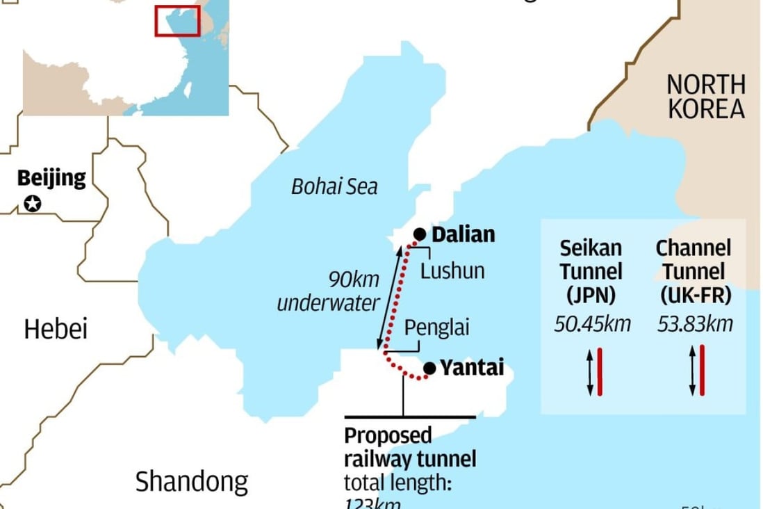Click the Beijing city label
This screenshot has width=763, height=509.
coord(51,178)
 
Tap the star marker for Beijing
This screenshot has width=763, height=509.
coord(32,204)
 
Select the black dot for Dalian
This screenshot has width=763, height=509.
coord(419,234)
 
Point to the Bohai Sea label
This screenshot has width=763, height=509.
coord(334,186)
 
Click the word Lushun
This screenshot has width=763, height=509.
coord(452,270)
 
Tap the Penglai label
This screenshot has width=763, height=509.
coord(437,327)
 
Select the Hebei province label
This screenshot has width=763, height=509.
coord(56,329)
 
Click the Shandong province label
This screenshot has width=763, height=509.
coord(191,480)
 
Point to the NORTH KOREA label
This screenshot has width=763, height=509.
coord(705,97)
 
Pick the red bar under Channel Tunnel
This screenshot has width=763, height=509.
coord(703,370)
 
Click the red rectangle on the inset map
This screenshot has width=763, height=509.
coord(171,20)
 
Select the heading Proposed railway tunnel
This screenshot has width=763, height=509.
coord(410,447)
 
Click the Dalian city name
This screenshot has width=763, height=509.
coord(463,234)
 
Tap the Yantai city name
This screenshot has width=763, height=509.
coord(473,367)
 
